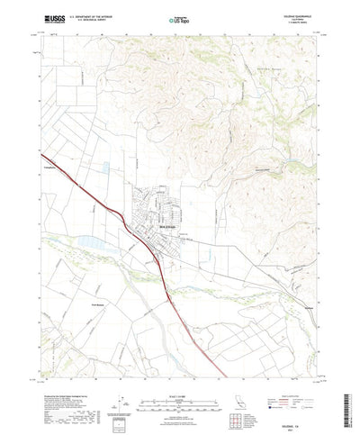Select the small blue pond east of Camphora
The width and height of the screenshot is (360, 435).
pyautogui.click(x=106, y=167)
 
